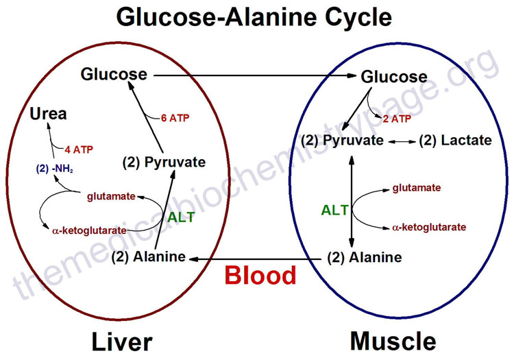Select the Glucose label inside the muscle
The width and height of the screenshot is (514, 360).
coord(394,77)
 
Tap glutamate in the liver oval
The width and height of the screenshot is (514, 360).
coord(112,197)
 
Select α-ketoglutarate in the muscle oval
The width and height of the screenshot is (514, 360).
coord(430,227)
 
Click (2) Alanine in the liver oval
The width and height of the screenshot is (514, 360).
coord(149,258)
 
